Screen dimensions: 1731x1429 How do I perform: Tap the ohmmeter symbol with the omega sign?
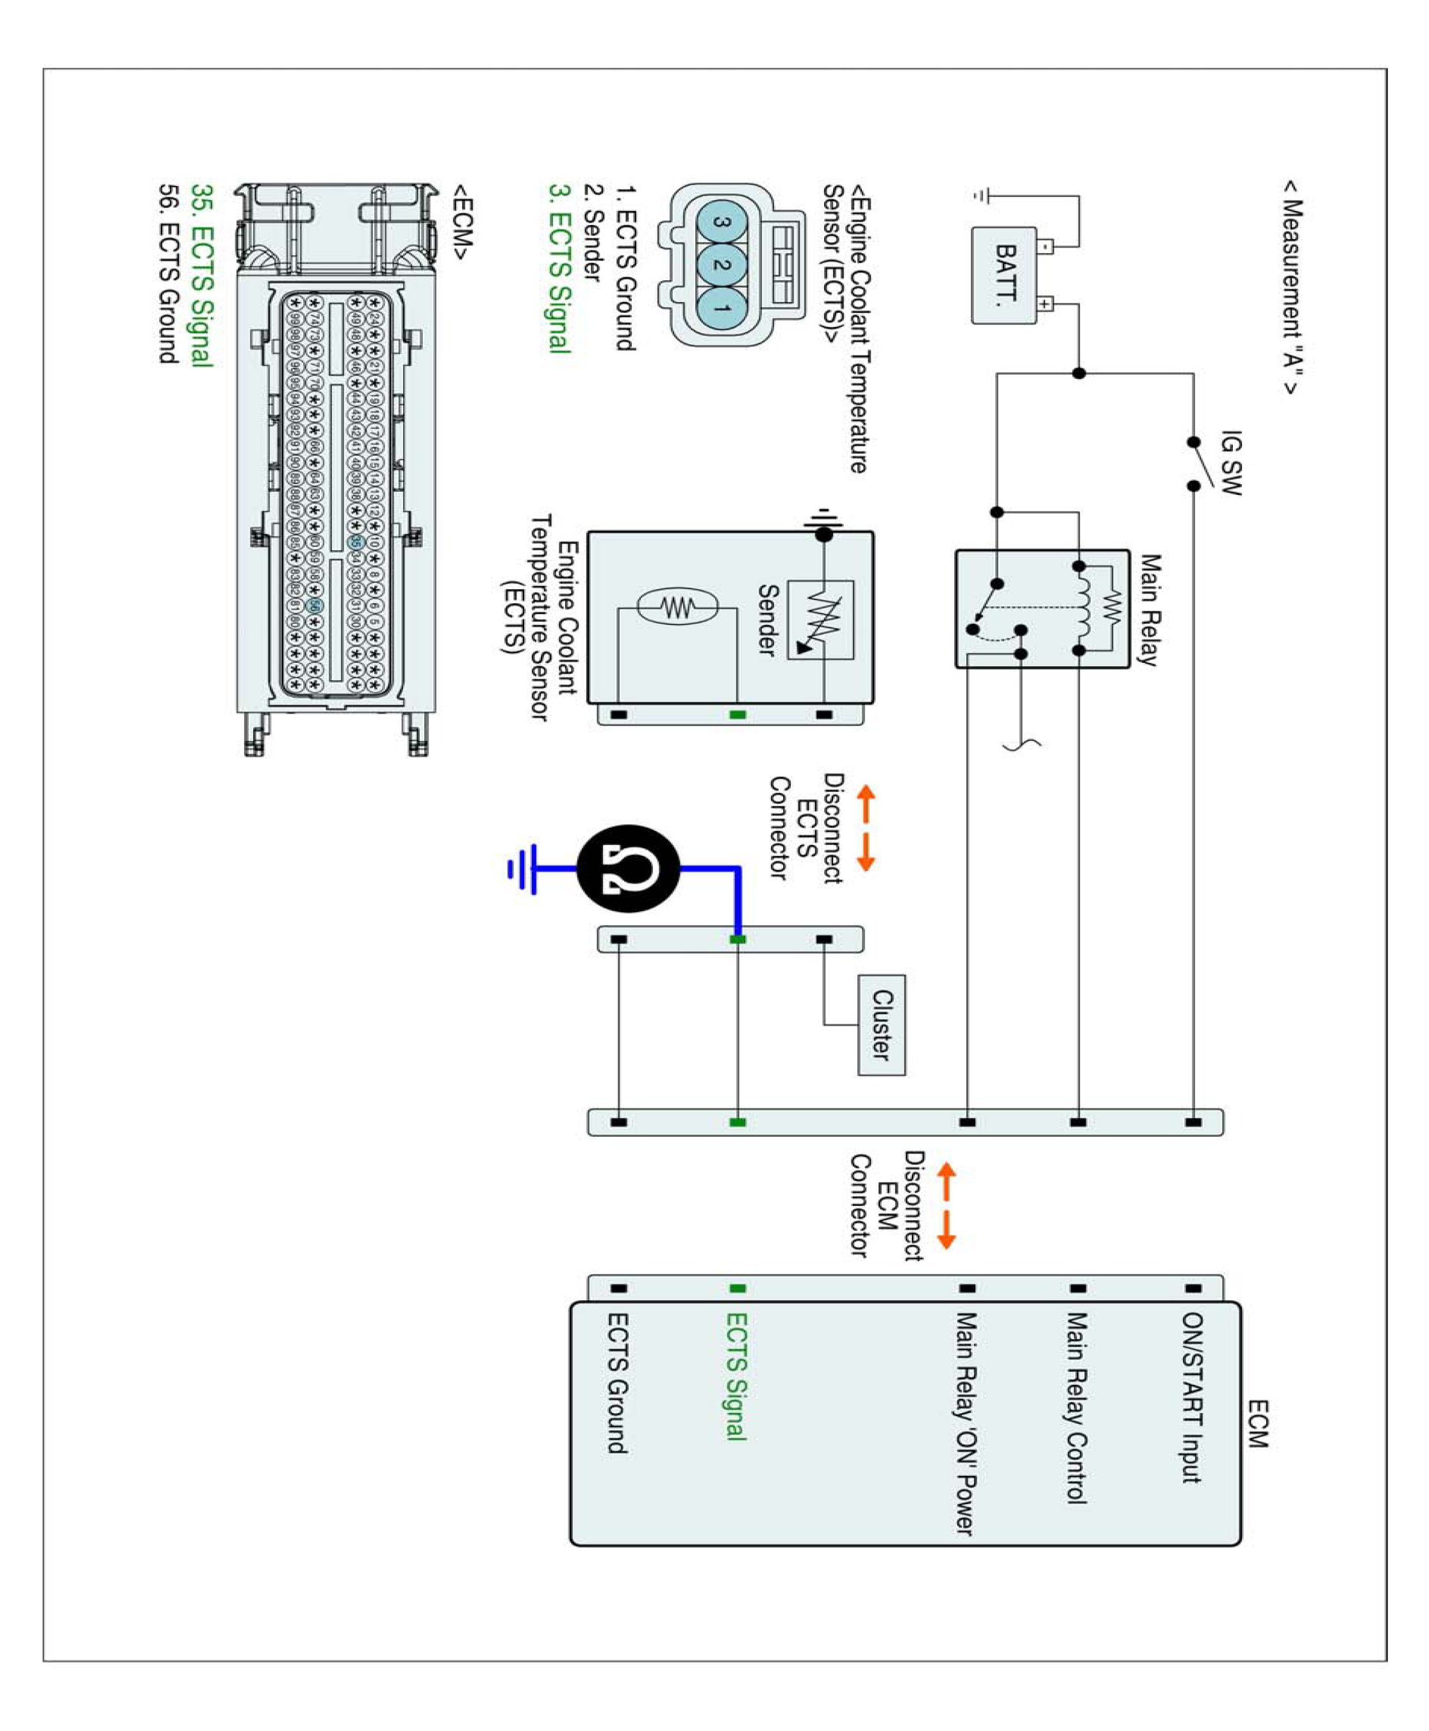(x=629, y=869)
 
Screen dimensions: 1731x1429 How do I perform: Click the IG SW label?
(x=1230, y=462)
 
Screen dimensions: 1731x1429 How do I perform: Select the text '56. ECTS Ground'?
(x=168, y=273)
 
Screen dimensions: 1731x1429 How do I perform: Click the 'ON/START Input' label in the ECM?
(x=1192, y=1398)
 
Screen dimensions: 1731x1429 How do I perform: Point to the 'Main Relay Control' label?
(x=1077, y=1408)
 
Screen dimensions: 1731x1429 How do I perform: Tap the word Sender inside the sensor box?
(x=767, y=619)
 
